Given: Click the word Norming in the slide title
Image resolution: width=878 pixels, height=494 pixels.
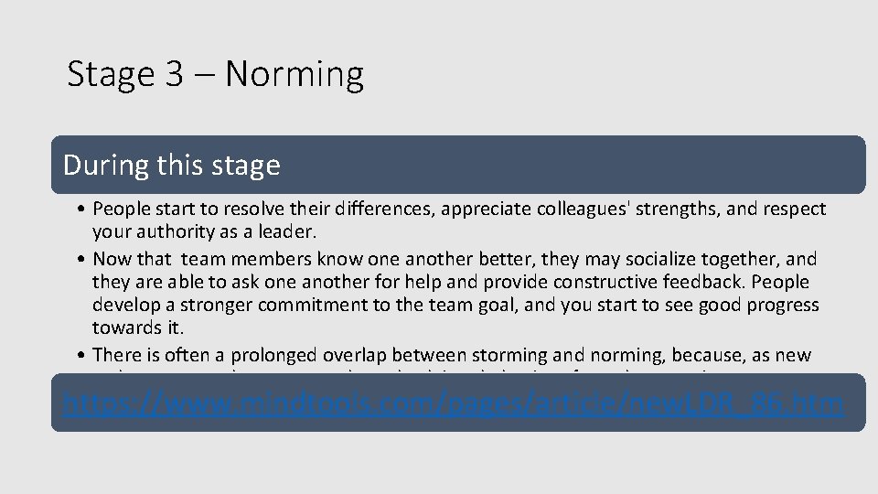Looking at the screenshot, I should (x=294, y=74).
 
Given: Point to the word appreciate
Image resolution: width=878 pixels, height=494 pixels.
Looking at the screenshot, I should (x=483, y=209).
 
